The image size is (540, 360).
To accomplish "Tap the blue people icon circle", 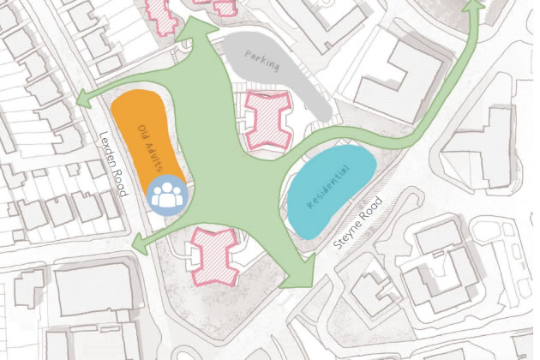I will pos(166,194).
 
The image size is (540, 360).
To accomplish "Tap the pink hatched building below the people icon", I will pos(212,255).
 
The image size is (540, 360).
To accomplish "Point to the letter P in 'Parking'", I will pos(248,52).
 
